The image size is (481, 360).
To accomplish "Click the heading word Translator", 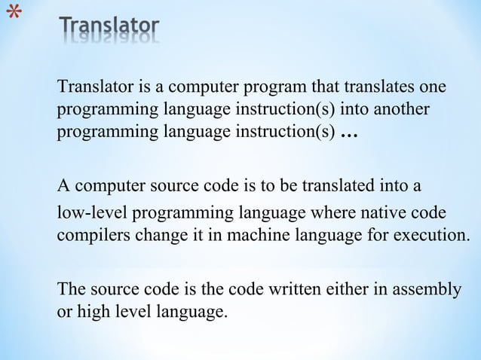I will click(x=109, y=29).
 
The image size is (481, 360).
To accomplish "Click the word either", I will click(x=343, y=288).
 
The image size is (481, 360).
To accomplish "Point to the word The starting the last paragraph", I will click(x=72, y=288).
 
